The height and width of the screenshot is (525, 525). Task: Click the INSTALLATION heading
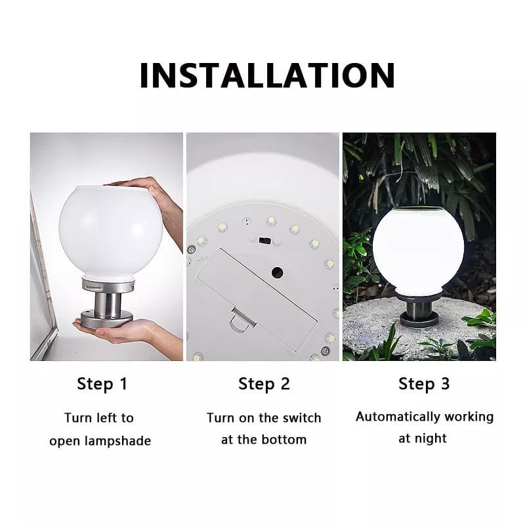tap(267, 75)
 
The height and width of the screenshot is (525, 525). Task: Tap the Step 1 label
tap(102, 384)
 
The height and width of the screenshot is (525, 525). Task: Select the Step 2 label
tap(264, 384)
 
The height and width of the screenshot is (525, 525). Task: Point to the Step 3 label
tap(423, 384)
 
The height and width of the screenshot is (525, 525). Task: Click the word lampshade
tap(117, 441)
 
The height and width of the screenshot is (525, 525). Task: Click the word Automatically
tap(398, 417)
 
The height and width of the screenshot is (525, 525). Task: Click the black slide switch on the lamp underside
tap(265, 240)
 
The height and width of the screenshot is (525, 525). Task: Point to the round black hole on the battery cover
tap(277, 272)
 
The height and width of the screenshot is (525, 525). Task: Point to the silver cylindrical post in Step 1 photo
tap(108, 305)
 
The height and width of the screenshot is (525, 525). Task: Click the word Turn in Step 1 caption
tap(77, 418)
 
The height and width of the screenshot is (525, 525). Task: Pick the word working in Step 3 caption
tap(469, 417)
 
